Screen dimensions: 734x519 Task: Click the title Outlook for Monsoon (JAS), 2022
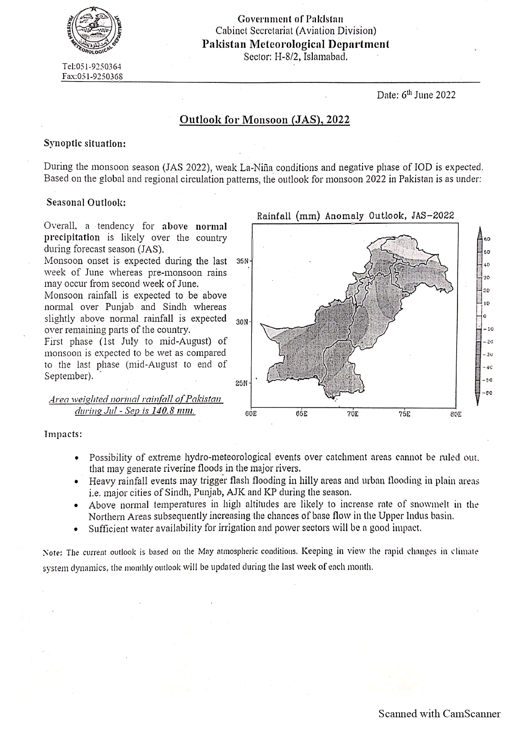[265, 120]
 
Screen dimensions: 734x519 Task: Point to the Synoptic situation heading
[85, 143]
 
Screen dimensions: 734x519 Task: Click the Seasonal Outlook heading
[86, 202]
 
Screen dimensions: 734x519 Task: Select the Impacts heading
[63, 434]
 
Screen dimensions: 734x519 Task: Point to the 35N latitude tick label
[242, 261]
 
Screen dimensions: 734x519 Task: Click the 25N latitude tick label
[242, 383]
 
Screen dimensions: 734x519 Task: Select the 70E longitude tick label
[352, 414]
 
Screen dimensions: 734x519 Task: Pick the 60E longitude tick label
[251, 414]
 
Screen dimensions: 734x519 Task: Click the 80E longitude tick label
[455, 414]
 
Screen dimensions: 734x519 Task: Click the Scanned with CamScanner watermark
[439, 714]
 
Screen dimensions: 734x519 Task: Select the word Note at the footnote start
[53, 552]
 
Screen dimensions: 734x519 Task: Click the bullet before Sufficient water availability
[75, 529]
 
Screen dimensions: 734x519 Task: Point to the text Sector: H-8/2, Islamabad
[295, 56]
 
